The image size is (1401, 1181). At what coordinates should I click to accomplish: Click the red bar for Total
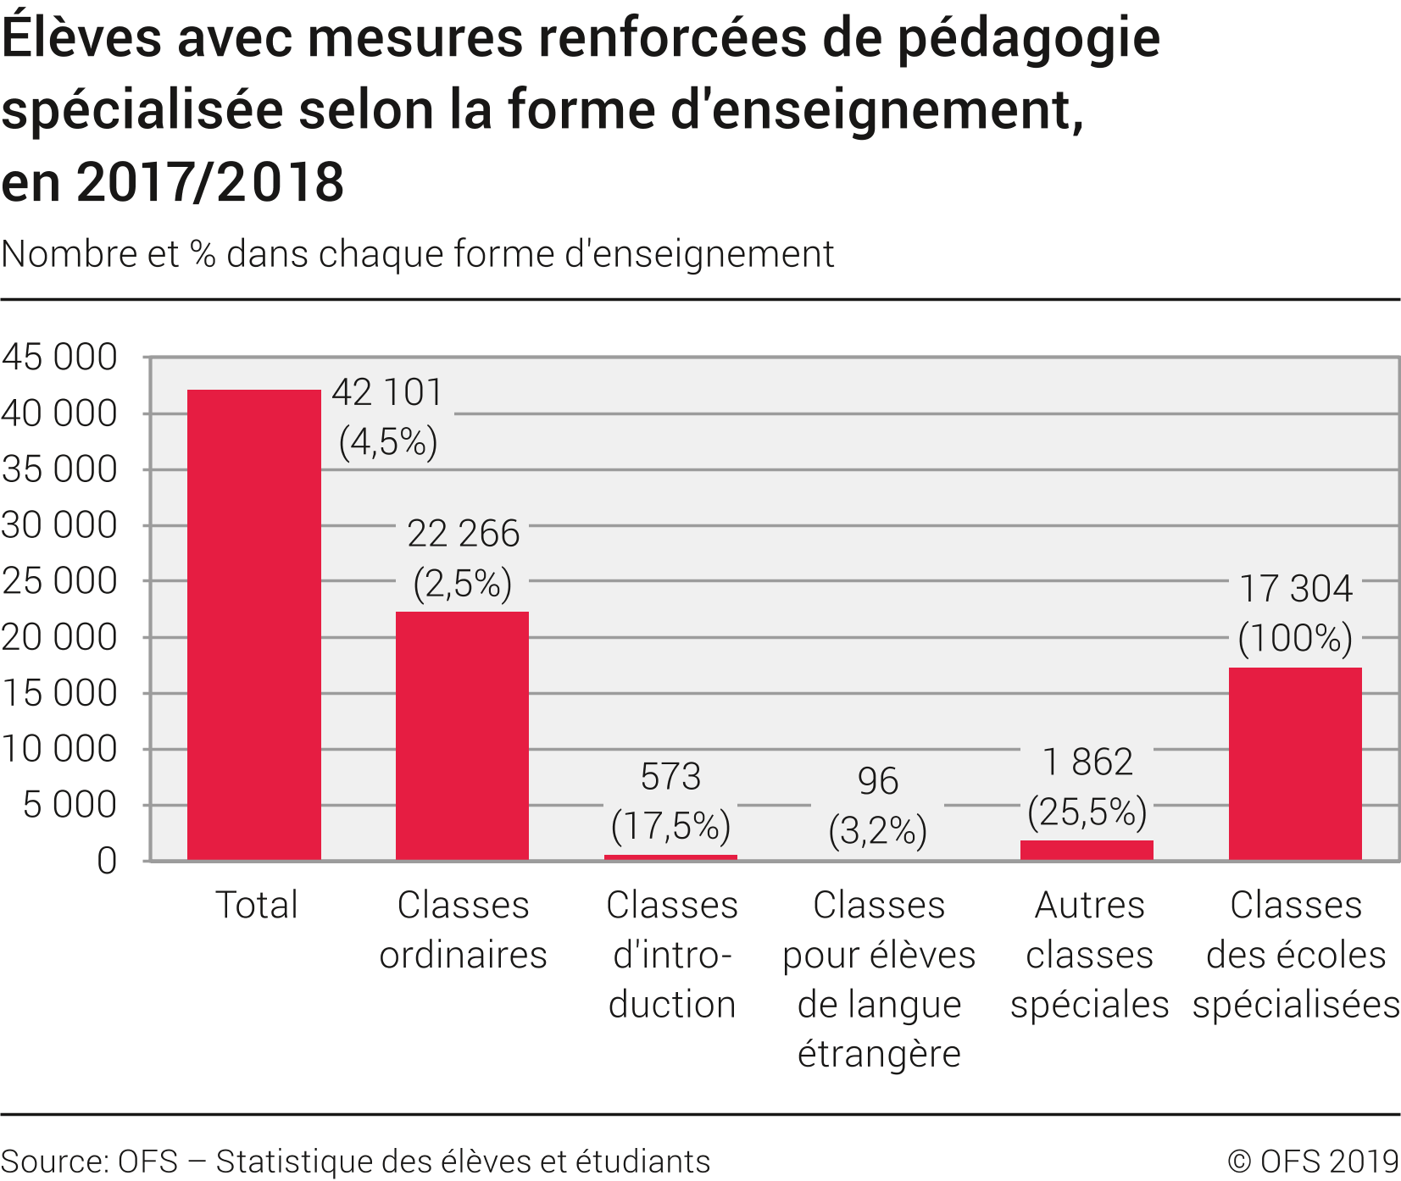pyautogui.click(x=254, y=625)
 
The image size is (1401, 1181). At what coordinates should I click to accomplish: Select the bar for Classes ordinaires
pyautogui.click(x=462, y=735)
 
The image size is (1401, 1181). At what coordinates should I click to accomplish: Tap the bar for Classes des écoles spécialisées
pyautogui.click(x=1295, y=763)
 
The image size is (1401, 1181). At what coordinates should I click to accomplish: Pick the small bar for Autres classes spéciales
pyautogui.click(x=1087, y=850)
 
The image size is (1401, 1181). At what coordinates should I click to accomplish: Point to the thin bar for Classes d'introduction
pyautogui.click(x=670, y=857)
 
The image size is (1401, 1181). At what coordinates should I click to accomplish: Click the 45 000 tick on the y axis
pyautogui.click(x=59, y=358)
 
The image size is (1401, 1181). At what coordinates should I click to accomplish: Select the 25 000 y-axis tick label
pyautogui.click(x=59, y=581)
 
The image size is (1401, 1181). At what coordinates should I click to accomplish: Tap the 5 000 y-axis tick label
pyautogui.click(x=69, y=805)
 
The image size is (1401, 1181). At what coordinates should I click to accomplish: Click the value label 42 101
pyautogui.click(x=387, y=393)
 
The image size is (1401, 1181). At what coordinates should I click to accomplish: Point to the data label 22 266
pyautogui.click(x=463, y=534)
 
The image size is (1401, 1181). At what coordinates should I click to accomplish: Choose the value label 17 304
pyautogui.click(x=1296, y=589)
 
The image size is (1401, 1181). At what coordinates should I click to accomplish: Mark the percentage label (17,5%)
pyautogui.click(x=670, y=826)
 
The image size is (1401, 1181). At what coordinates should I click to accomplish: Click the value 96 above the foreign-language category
pyautogui.click(x=878, y=781)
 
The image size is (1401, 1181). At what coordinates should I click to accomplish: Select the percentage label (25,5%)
pyautogui.click(x=1087, y=812)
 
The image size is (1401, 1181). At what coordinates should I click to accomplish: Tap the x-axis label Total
pyautogui.click(x=256, y=905)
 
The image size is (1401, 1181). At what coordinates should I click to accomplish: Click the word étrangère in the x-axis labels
pyautogui.click(x=879, y=1054)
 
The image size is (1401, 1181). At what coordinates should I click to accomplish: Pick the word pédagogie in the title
pyautogui.click(x=1028, y=39)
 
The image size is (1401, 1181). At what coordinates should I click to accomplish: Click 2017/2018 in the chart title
pyautogui.click(x=210, y=182)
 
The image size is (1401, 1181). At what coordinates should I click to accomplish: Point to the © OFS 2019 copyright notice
pyautogui.click(x=1313, y=1162)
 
